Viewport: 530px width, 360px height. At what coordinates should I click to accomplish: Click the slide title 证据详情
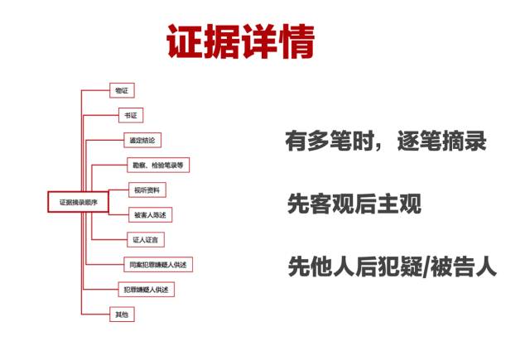pos(241,41)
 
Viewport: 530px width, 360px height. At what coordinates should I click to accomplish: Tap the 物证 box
pos(122,89)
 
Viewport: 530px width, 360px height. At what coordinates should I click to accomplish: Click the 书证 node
pos(128,115)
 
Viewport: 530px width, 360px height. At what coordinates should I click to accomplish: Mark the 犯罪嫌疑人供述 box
pos(149,289)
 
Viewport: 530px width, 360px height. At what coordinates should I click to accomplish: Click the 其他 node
pos(122,314)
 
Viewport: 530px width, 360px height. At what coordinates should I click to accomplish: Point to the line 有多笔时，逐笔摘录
pos(385,142)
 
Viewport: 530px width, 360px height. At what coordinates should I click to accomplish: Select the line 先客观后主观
pos(354,204)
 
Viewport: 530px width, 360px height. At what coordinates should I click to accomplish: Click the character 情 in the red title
pos(296,41)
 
